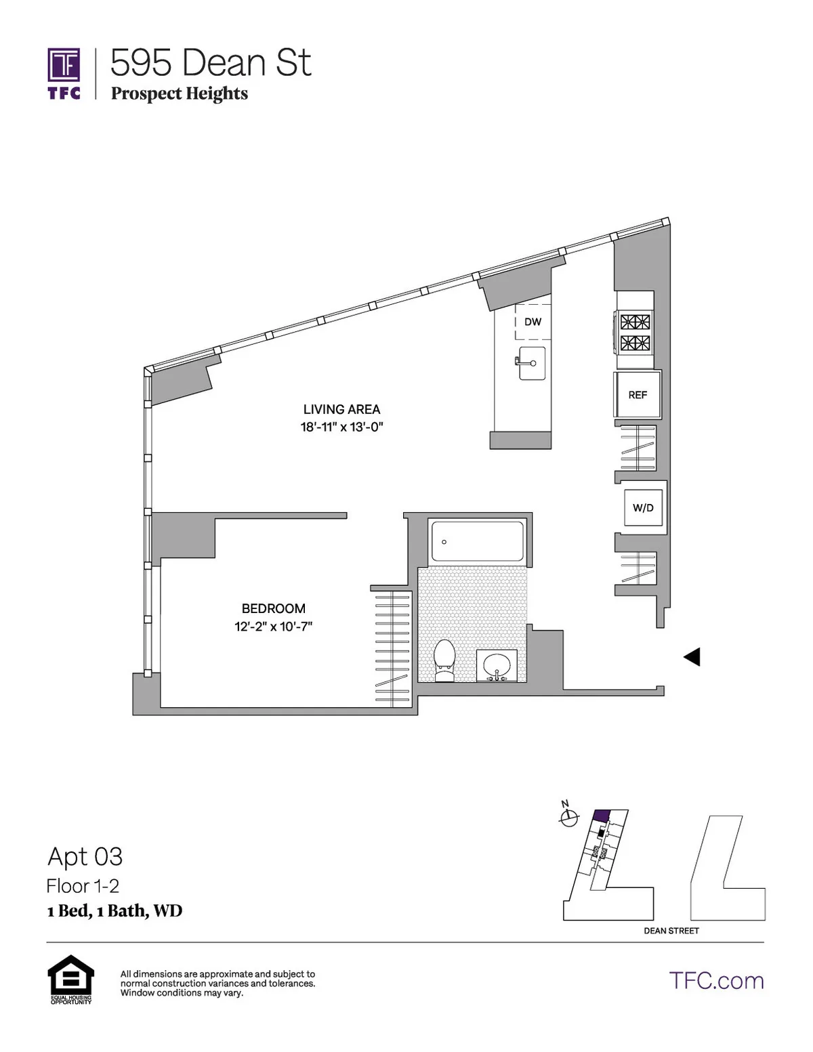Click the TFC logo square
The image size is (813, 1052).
(64, 65)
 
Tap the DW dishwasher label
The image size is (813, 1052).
(533, 322)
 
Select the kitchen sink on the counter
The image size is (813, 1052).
(532, 364)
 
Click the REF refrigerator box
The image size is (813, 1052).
(638, 395)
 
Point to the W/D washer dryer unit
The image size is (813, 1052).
(643, 508)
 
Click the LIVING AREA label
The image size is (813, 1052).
(341, 409)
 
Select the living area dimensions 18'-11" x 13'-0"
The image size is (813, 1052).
(341, 427)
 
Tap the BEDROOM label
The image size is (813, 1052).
(273, 608)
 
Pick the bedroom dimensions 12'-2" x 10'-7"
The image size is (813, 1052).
(273, 627)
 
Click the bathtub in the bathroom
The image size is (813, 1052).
(477, 541)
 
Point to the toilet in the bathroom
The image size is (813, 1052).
(444, 660)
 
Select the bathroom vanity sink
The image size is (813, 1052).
(497, 665)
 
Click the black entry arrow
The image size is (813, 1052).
(691, 656)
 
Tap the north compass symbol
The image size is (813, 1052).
(568, 818)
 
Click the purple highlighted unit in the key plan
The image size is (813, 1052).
(601, 816)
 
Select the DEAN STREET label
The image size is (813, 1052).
(671, 931)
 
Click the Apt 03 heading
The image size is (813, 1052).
(85, 857)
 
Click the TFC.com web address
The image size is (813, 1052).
(716, 981)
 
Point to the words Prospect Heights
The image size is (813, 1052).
(180, 93)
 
